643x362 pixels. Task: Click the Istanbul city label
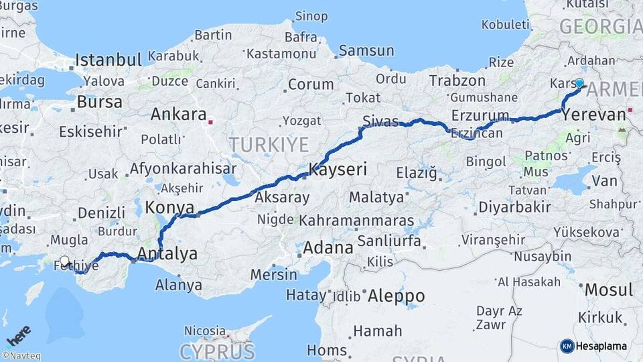coord(109,60)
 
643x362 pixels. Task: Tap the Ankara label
coord(178,114)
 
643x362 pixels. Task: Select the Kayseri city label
coord(338,169)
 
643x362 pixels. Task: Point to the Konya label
coord(169,206)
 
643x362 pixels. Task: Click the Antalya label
coord(167,253)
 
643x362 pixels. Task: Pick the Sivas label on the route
coord(380,121)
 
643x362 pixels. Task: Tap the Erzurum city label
coord(480,115)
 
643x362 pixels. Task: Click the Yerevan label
coord(593,115)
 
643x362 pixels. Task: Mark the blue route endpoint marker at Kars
coord(579,84)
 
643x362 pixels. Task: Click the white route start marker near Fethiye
coord(64,261)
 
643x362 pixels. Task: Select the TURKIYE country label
coord(269,144)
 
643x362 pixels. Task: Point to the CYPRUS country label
coord(217,351)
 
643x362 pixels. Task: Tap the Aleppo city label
coord(397,296)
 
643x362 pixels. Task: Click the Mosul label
coord(608,290)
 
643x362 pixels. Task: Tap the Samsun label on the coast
coord(366,50)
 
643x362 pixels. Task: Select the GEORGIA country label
coord(600,27)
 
